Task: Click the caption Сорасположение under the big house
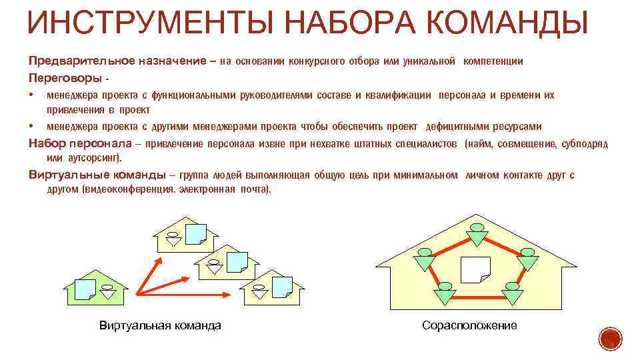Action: click(469, 325)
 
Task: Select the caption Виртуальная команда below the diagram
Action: click(159, 325)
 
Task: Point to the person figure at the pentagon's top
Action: click(477, 231)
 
